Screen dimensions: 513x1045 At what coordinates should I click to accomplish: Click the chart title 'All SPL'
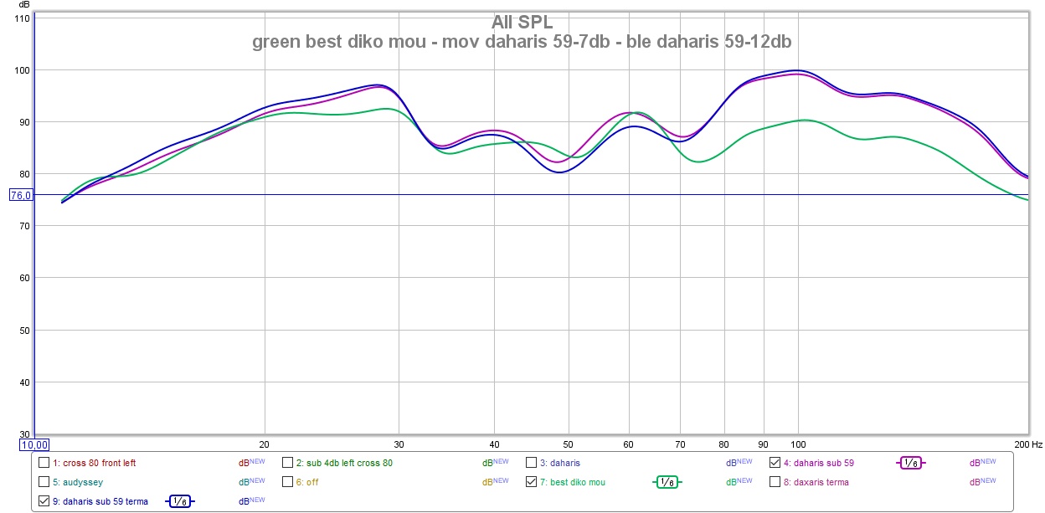tap(522, 22)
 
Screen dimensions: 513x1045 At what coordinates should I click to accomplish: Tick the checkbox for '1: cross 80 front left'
tap(44, 462)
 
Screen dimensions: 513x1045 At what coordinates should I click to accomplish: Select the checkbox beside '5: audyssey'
tap(44, 482)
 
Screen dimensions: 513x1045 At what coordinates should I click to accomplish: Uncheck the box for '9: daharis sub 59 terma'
tap(44, 501)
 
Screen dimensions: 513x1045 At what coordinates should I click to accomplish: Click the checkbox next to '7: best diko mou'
tap(531, 482)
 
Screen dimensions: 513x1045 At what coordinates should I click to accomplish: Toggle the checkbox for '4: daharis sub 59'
tap(775, 462)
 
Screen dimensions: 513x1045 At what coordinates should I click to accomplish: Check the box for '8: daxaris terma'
tap(775, 482)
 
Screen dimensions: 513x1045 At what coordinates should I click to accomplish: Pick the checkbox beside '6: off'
tap(287, 482)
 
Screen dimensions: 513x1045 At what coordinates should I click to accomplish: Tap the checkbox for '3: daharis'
tap(531, 462)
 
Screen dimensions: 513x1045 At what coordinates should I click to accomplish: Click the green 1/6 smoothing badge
tap(667, 482)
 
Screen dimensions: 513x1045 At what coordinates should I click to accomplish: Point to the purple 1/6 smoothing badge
tap(910, 462)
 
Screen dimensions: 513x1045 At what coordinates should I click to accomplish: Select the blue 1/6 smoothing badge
tap(179, 501)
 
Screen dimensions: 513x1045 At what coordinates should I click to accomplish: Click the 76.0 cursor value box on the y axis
tap(20, 195)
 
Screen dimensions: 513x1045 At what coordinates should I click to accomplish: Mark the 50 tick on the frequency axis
tap(568, 444)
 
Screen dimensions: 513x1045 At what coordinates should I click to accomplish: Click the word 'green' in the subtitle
tap(275, 42)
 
